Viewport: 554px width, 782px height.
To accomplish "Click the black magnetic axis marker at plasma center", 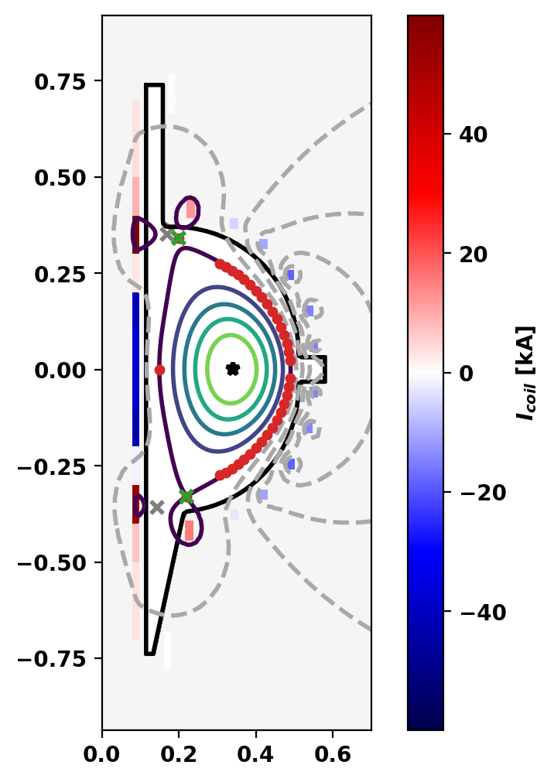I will point(232,369).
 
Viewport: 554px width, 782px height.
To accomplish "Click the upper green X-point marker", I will point(179,238).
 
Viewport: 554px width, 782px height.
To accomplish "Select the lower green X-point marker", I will point(186,496).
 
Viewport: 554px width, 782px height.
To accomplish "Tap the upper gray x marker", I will point(166,234).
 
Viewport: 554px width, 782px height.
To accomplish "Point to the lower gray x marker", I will point(157,507).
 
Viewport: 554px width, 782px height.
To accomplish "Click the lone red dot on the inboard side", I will point(159,370).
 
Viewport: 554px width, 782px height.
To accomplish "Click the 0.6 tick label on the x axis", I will point(333,751).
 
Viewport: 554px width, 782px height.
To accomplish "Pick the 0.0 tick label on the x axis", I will point(102,751).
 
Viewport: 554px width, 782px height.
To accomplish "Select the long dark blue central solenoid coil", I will point(135,369).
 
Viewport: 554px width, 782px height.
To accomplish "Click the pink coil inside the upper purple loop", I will point(190,209).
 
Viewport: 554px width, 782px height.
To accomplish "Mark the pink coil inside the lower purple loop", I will point(189,531).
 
